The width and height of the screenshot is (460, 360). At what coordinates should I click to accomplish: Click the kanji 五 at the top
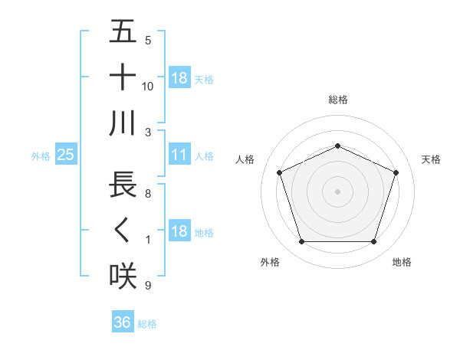[123, 32]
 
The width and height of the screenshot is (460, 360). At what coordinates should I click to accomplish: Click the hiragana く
[123, 231]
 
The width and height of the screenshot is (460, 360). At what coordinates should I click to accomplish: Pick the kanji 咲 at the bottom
[123, 276]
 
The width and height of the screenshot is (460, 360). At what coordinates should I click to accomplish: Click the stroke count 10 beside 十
[148, 87]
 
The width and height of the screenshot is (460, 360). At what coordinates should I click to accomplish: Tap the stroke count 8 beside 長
[148, 195]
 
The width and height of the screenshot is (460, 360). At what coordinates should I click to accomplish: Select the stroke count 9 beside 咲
[148, 286]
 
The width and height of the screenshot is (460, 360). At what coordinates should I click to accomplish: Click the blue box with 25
[65, 155]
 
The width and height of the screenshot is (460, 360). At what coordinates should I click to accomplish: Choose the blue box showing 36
[122, 322]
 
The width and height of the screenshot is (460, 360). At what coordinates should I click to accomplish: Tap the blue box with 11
[179, 155]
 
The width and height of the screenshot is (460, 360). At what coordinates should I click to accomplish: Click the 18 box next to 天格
[179, 78]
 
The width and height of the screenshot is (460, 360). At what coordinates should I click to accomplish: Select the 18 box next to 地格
[179, 232]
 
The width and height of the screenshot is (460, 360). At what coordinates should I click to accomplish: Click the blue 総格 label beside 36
[147, 324]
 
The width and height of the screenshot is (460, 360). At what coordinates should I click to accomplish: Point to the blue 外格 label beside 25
[41, 156]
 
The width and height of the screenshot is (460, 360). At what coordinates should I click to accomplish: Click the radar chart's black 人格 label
[245, 159]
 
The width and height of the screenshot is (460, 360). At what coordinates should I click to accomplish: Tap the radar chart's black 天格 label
[432, 159]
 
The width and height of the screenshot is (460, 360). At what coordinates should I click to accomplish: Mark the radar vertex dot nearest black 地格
[373, 242]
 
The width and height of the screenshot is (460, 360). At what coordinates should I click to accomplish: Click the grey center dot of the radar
[337, 191]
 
